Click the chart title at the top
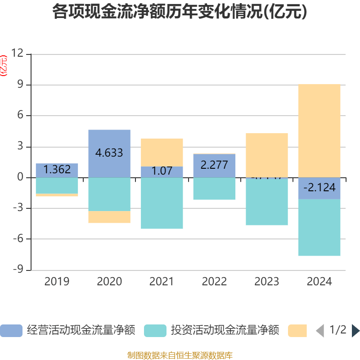coord(180,12)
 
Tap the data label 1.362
coord(57,170)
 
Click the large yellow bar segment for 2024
coord(319,130)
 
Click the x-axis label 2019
coord(57,282)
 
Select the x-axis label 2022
coord(214,282)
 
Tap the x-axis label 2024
coord(319,282)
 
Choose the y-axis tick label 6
coord(20,116)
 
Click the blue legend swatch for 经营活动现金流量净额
coord(11,331)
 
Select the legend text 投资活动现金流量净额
coord(225,331)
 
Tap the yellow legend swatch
coord(297,331)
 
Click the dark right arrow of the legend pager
coord(355,331)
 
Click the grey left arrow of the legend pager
coord(320,331)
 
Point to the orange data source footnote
coord(180,355)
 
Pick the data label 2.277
coord(214,165)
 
